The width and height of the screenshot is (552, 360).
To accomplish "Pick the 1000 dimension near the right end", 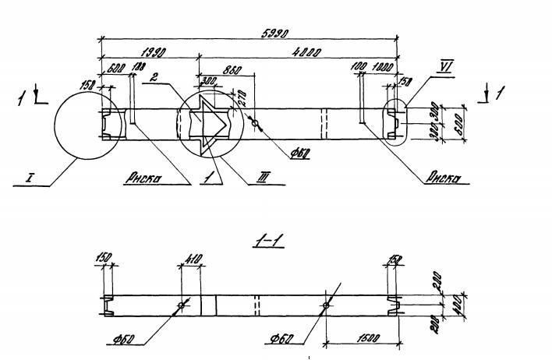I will pyautogui.click(x=383, y=69).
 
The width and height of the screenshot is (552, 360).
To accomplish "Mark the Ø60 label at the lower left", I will pyautogui.click(x=126, y=340).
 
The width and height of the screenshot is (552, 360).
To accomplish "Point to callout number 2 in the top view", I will pyautogui.click(x=154, y=78).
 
